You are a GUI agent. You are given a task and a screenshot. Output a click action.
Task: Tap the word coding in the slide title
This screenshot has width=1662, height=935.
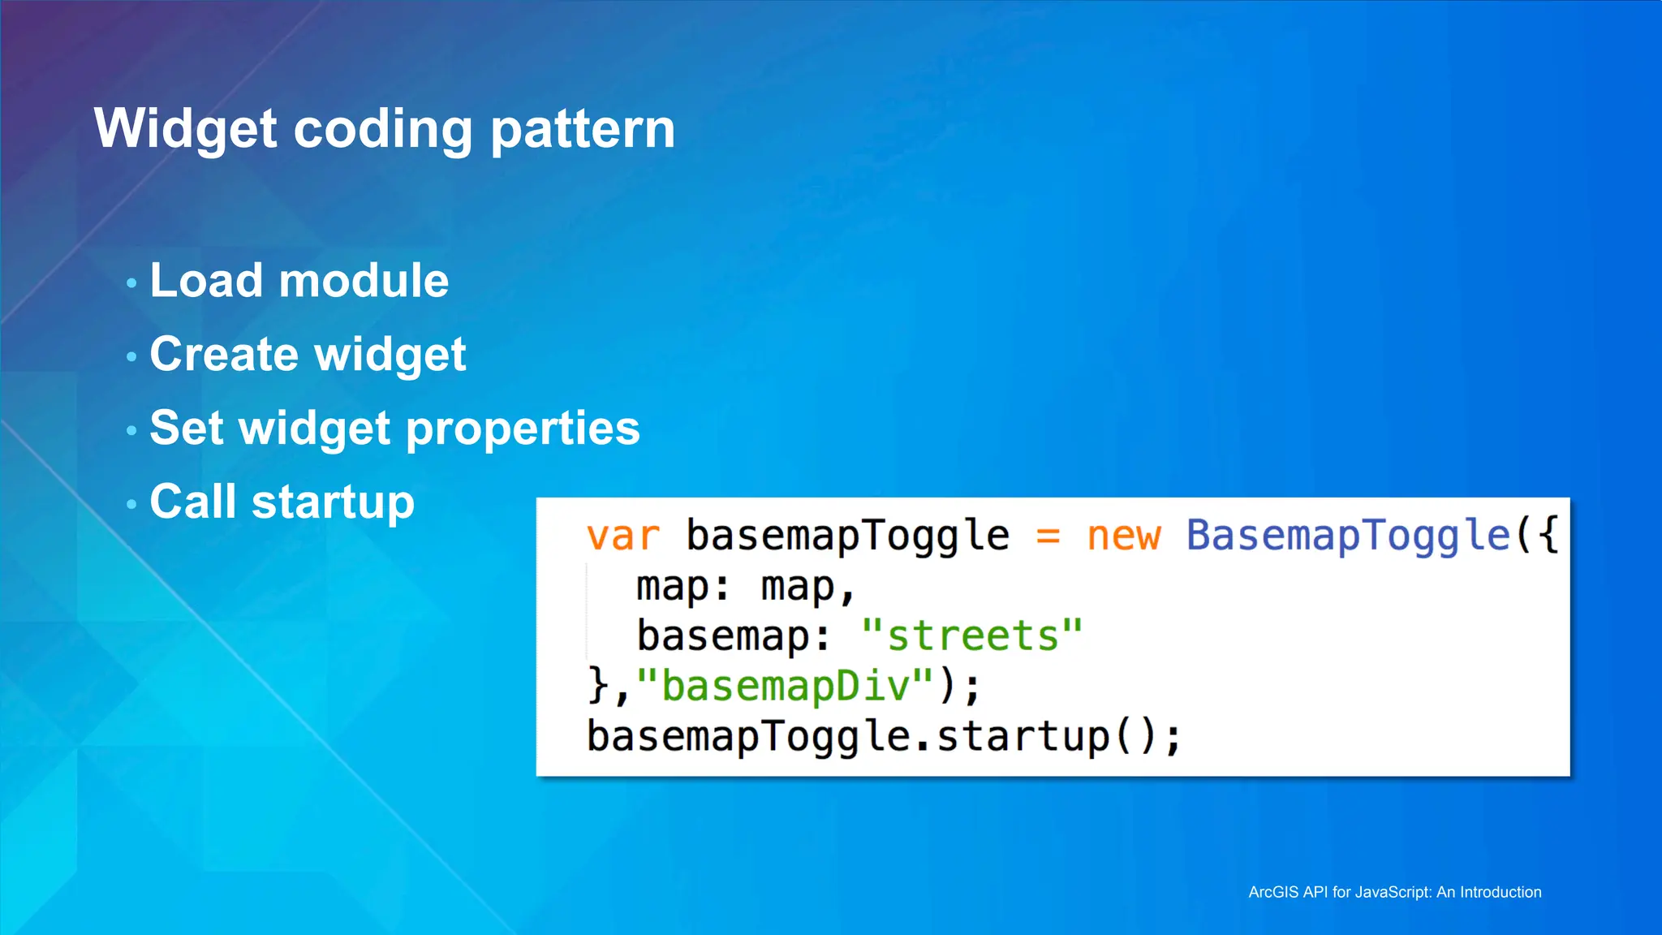point(382,130)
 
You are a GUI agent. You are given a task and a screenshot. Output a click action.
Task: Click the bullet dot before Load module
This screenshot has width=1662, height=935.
point(131,282)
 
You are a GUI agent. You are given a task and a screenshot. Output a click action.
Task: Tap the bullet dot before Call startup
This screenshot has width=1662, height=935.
point(131,503)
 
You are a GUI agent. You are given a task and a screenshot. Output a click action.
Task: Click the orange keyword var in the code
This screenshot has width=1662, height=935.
point(623,536)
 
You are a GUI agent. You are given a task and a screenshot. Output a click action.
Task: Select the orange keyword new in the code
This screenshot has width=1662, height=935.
point(1124,536)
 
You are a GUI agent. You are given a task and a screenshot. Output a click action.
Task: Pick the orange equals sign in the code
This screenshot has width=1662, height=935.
point(1048,536)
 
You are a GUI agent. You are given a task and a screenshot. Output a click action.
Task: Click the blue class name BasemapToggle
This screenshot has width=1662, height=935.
point(1347,536)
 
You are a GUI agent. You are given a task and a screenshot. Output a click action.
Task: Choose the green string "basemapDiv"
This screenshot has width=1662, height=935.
point(786,687)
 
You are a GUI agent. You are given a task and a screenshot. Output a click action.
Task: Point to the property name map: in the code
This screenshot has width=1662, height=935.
point(682,587)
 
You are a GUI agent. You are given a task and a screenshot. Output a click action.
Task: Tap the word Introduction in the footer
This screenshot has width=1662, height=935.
point(1501,892)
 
